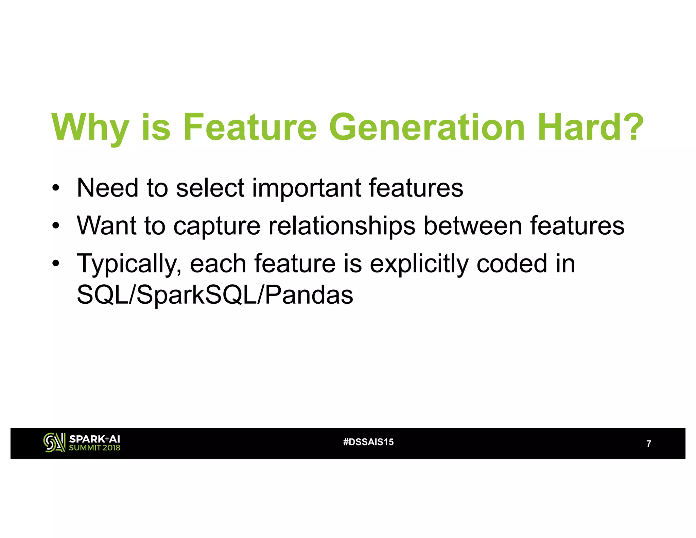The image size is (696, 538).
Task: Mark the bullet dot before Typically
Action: point(56,264)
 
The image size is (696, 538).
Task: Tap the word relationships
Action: point(342,226)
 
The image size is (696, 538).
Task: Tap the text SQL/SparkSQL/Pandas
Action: point(215,295)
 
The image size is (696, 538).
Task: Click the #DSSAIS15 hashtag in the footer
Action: point(368,442)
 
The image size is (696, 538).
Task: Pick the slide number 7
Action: point(648,443)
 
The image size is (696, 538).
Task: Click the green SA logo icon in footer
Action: point(54,443)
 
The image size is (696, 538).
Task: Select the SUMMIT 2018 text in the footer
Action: point(94,448)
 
